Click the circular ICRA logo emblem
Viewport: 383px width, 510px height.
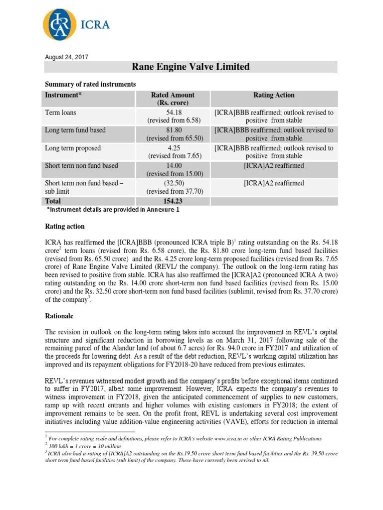point(60,24)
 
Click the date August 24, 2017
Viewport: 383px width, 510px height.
point(67,57)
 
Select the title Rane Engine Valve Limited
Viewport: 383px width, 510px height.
point(190,67)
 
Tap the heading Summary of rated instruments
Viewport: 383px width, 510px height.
point(90,84)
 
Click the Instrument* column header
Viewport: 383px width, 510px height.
point(64,95)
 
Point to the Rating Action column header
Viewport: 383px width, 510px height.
point(274,95)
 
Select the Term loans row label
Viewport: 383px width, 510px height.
point(61,113)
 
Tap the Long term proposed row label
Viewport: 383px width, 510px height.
point(73,148)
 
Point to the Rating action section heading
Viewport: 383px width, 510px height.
point(65,227)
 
